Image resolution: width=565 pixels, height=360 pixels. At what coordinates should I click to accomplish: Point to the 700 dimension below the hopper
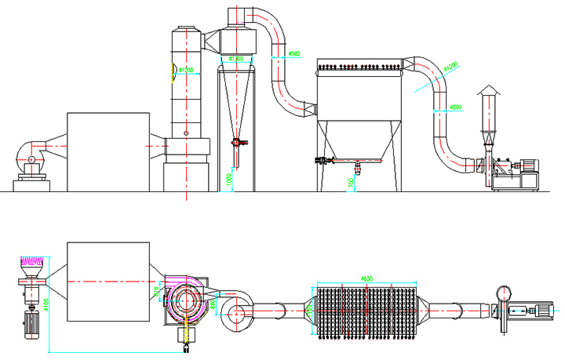click(x=349, y=182)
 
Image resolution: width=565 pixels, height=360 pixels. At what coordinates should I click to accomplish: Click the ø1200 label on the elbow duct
click(x=450, y=67)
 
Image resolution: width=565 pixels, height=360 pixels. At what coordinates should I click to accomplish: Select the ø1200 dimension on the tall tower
click(x=186, y=70)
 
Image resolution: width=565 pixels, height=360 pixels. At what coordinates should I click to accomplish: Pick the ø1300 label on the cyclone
click(x=237, y=59)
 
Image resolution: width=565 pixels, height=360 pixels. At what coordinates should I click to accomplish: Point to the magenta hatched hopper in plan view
click(x=33, y=260)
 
